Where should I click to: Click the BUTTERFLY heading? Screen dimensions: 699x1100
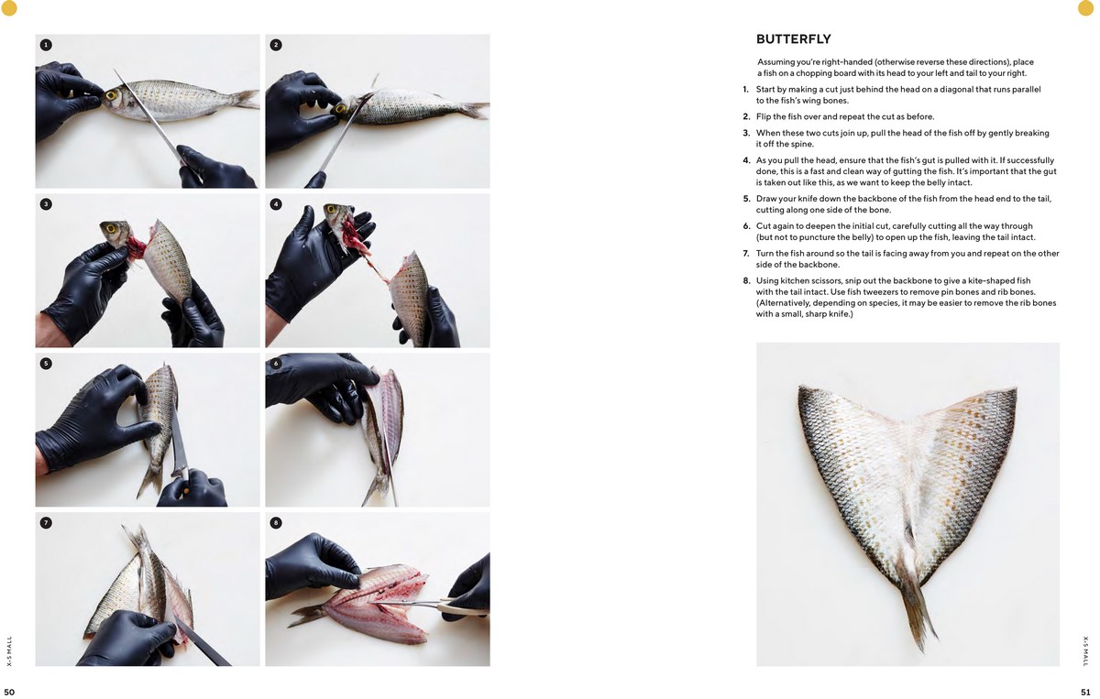coord(793,39)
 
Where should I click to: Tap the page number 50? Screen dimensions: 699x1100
coord(9,692)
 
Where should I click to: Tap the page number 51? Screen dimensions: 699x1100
coord(1085,692)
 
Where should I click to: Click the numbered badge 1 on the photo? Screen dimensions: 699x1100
coord(46,44)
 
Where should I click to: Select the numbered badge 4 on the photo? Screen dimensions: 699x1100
coord(276,203)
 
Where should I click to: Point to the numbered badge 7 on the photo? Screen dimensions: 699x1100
coord(46,522)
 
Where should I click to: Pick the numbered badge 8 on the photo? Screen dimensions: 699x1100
coord(276,522)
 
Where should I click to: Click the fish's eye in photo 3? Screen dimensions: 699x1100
coord(112,228)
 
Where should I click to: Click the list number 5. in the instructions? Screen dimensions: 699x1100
coord(746,199)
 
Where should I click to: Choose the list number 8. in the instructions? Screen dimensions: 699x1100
coord(746,280)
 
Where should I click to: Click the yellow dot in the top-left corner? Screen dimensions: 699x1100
coord(9,8)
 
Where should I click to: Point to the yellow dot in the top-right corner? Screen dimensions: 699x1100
coord(1089,8)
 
